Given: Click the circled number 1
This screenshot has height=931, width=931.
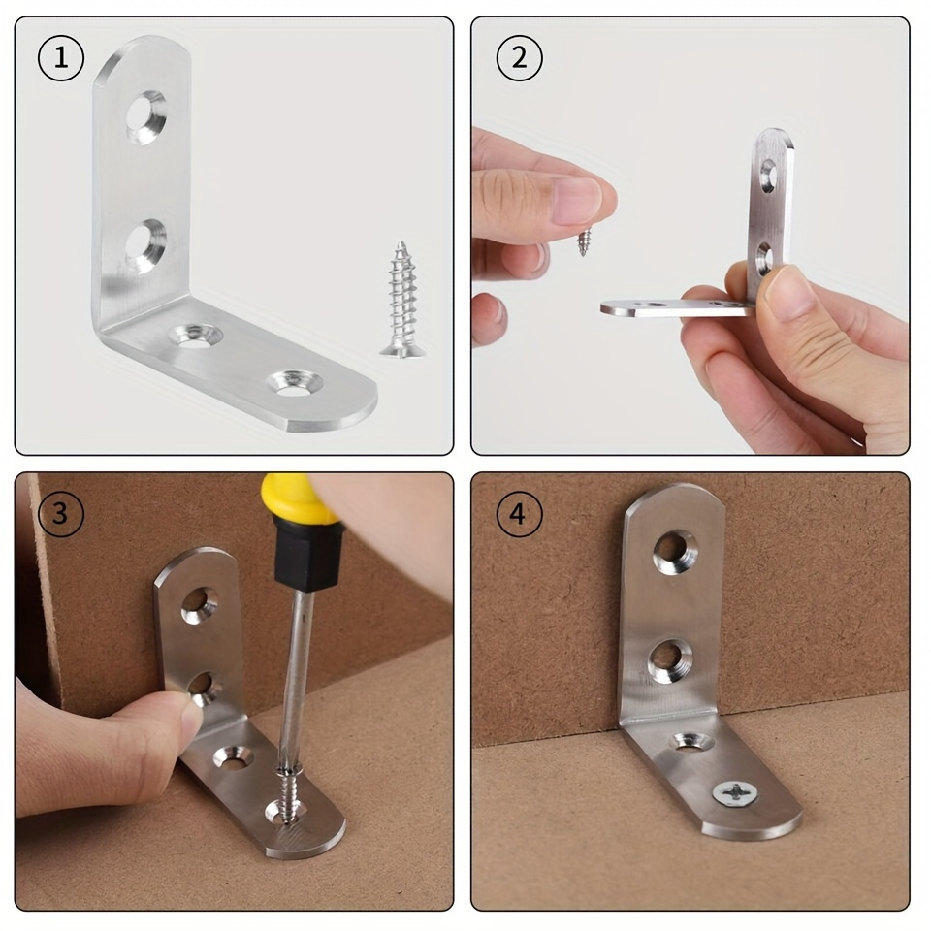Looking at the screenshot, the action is click(x=60, y=57).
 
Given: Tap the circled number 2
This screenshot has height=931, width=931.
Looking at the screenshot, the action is click(x=519, y=57).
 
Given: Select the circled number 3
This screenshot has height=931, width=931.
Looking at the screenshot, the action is click(x=60, y=513).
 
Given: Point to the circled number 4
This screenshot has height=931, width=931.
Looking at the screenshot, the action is click(x=519, y=513).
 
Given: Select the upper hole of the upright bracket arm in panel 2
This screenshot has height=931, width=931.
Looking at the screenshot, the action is click(x=768, y=176).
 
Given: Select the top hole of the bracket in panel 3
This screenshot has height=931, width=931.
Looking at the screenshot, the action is click(x=200, y=605).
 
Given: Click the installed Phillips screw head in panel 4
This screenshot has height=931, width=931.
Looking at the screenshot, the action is click(x=735, y=793).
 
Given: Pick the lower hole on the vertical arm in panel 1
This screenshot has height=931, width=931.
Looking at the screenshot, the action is click(x=146, y=245).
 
